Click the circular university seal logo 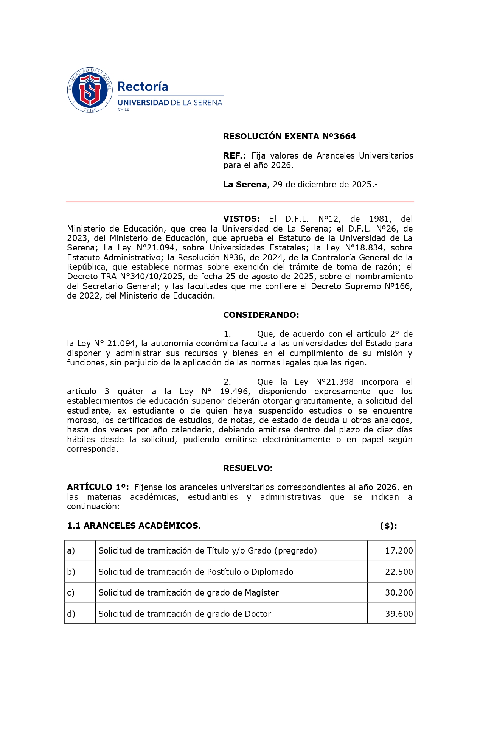90,90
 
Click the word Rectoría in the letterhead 143,87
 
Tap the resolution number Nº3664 339,137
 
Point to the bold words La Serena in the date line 245,185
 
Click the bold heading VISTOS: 241,219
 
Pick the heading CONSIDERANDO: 261,315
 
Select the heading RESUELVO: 248,468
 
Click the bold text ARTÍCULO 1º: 98,487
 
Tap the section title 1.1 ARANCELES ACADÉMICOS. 134,526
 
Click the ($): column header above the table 388,526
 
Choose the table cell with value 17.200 399,551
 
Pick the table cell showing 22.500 399,572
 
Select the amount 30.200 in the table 399,593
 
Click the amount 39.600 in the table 399,614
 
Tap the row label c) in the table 71,593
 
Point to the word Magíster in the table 262,593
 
